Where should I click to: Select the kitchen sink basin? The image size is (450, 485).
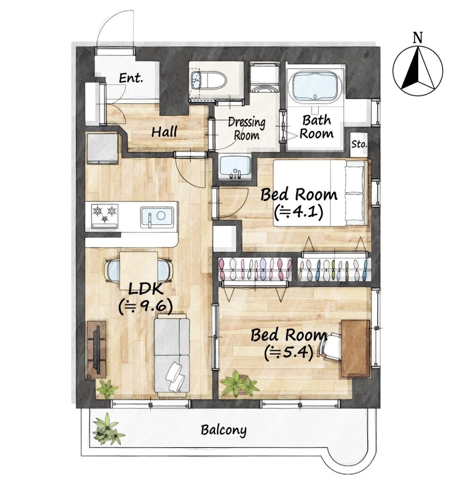point(157,217)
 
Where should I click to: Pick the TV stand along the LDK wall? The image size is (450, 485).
point(96,349)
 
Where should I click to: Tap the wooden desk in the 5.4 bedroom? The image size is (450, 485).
point(355,349)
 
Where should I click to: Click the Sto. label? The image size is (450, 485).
point(359,144)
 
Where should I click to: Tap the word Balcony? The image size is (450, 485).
point(224,430)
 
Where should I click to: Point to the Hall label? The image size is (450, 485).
point(164,132)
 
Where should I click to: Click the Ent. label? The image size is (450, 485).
point(131,78)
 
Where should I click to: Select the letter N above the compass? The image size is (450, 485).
point(417,38)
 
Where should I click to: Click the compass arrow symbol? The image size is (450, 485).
point(417,71)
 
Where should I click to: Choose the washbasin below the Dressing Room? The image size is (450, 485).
point(235,167)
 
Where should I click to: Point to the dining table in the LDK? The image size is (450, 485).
point(138,270)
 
